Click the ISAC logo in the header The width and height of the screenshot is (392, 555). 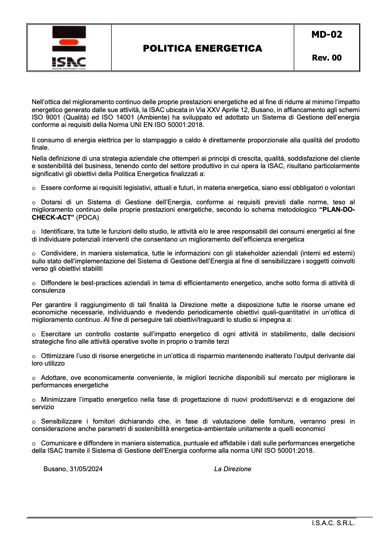click(68, 48)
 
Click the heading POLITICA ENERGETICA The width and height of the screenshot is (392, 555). click(202, 48)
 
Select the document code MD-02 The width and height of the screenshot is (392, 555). click(327, 34)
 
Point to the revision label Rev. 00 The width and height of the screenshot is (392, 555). click(327, 58)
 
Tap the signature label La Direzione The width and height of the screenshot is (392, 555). click(233, 469)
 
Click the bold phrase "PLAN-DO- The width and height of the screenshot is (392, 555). click(337, 210)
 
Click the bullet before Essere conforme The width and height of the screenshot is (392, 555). click(34, 188)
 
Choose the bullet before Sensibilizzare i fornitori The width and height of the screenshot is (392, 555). click(34, 422)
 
